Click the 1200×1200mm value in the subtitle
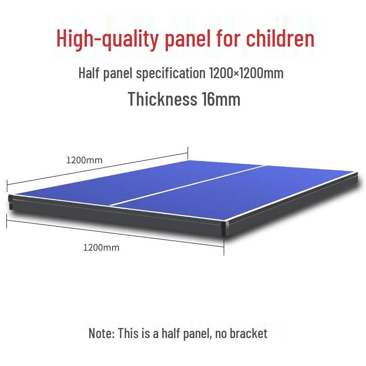pyautogui.click(x=246, y=73)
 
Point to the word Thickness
pyautogui.click(x=162, y=99)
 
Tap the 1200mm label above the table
pyautogui.click(x=84, y=160)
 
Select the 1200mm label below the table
pyautogui.click(x=101, y=248)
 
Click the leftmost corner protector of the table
pyautogui.click(x=11, y=201)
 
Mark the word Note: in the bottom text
pyautogui.click(x=102, y=333)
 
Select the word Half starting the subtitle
pyautogui.click(x=88, y=73)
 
